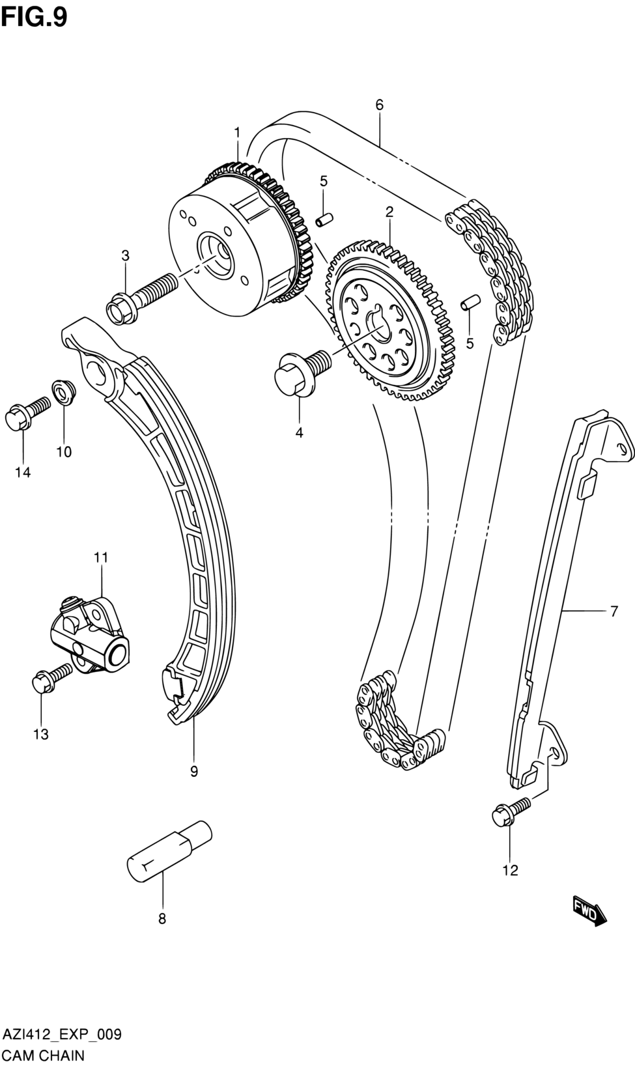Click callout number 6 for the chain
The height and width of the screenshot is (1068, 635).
[x=379, y=105]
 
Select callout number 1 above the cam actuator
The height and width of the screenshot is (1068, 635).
[x=237, y=133]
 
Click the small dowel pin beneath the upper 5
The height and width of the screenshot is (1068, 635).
[x=324, y=219]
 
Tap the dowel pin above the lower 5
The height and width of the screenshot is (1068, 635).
[x=471, y=302]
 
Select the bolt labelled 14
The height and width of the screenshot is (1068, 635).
[x=25, y=414]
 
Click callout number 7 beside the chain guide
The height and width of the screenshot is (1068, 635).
[x=614, y=611]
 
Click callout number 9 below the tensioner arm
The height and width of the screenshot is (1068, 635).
[x=194, y=772]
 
